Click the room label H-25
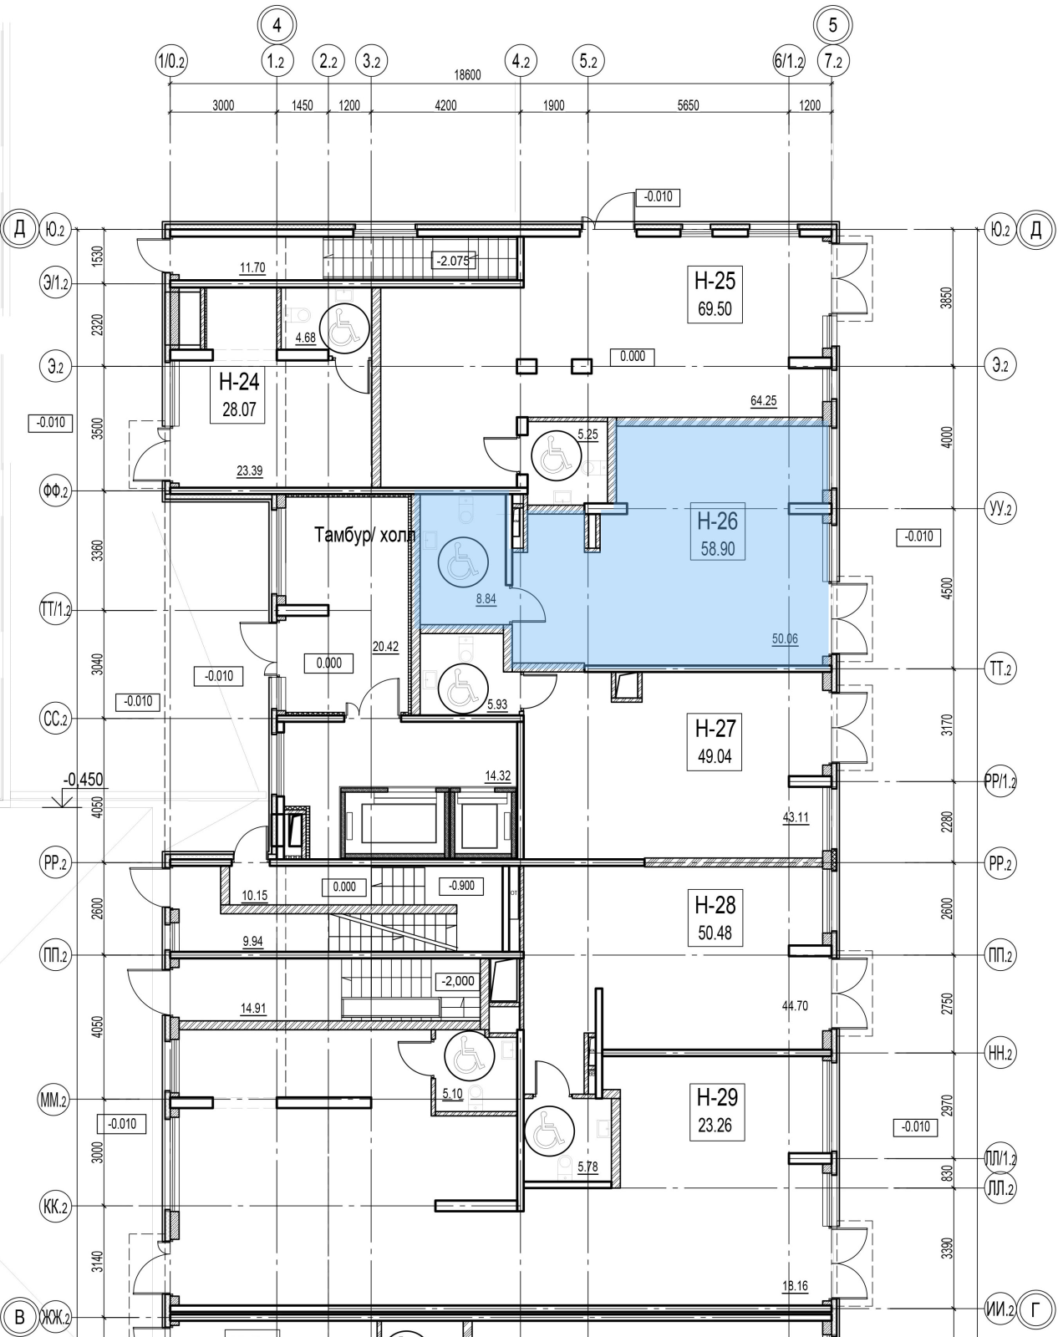point(715,281)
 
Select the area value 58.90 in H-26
point(718,549)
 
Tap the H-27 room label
point(715,728)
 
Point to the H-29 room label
point(717,1097)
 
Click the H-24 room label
point(238,381)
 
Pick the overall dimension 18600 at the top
point(467,75)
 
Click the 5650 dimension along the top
point(688,105)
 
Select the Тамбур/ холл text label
point(364,535)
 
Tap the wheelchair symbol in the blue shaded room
point(463,562)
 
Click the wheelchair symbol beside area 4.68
point(344,328)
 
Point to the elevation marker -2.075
point(454,261)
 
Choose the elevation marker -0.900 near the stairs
point(461,885)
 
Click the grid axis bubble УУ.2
point(1000,508)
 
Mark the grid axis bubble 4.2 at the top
point(521,62)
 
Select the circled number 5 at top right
point(832,25)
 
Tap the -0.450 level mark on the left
point(84,779)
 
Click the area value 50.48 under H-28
point(715,933)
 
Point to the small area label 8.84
point(486,599)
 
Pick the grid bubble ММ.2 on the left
point(54,1101)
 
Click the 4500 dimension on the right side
point(945,588)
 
